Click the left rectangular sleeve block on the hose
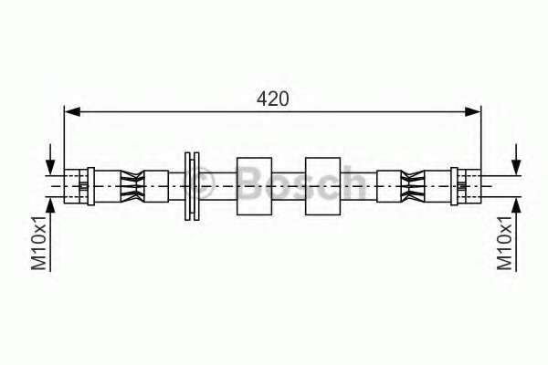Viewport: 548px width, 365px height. [254, 187]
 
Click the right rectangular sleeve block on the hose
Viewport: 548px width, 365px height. [322, 187]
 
